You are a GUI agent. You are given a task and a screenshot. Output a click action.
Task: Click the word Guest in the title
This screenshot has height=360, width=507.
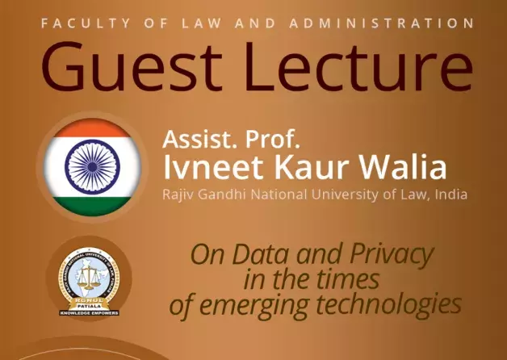(120, 68)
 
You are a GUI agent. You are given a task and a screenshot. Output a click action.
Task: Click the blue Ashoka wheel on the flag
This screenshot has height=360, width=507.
(86, 165)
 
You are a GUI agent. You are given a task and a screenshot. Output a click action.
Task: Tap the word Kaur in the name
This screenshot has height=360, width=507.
(301, 169)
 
